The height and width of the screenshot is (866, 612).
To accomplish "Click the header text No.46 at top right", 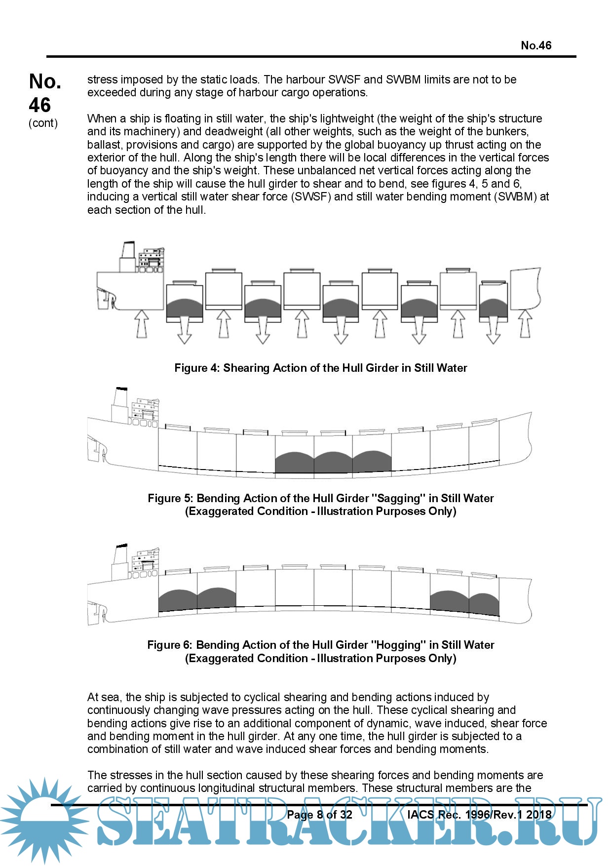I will [536, 45].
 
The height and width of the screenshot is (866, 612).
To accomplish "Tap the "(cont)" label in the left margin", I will [43, 123].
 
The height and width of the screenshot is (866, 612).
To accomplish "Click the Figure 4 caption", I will [320, 368].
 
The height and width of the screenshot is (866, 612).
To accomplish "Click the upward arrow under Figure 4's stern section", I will [141, 323].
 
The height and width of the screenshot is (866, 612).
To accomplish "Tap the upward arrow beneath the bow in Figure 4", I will [525, 323].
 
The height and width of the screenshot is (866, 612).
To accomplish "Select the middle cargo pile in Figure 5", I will [333, 462].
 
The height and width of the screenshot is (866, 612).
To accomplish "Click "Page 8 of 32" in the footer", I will [319, 815].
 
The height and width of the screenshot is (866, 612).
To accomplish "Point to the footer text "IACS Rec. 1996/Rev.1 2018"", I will [479, 815].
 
